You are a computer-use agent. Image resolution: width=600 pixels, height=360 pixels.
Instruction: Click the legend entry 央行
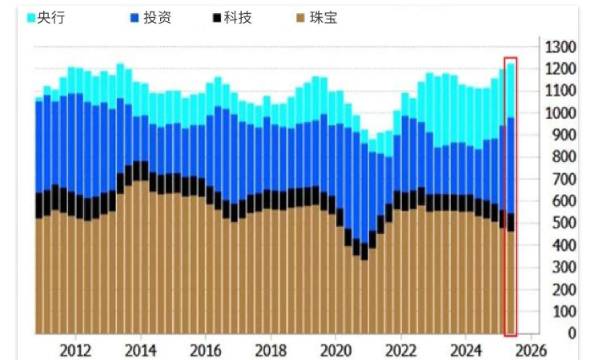(48, 18)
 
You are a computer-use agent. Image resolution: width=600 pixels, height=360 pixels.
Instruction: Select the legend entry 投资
(155, 18)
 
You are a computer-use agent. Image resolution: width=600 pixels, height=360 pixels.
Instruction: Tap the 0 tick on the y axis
(571, 333)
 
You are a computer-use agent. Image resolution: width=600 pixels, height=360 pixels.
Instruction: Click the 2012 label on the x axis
(76, 350)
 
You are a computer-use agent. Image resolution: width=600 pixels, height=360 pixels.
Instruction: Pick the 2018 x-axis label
(271, 350)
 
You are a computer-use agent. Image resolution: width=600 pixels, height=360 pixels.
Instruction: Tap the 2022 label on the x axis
(400, 350)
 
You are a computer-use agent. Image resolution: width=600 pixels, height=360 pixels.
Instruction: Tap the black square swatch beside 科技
(219, 18)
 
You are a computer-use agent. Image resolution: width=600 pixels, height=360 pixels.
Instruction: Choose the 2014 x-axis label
(141, 350)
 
